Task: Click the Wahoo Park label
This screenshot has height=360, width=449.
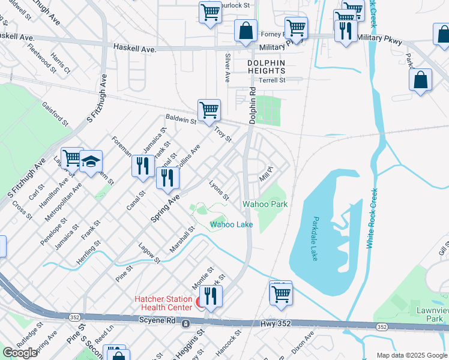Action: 265,204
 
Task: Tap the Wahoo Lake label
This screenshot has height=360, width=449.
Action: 231,225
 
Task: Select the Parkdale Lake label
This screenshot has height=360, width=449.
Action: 315,238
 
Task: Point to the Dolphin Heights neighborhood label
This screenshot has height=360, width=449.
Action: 266,67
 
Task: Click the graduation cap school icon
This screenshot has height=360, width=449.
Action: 91,162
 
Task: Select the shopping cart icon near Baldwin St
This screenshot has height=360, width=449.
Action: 209,110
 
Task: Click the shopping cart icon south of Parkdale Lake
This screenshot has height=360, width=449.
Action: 280,294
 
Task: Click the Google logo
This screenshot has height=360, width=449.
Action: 20,353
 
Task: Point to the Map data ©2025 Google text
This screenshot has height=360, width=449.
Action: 411,355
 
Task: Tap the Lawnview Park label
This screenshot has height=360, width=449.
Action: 429,315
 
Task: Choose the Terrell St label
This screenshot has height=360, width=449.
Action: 271,80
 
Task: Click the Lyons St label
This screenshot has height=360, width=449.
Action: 218,189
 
